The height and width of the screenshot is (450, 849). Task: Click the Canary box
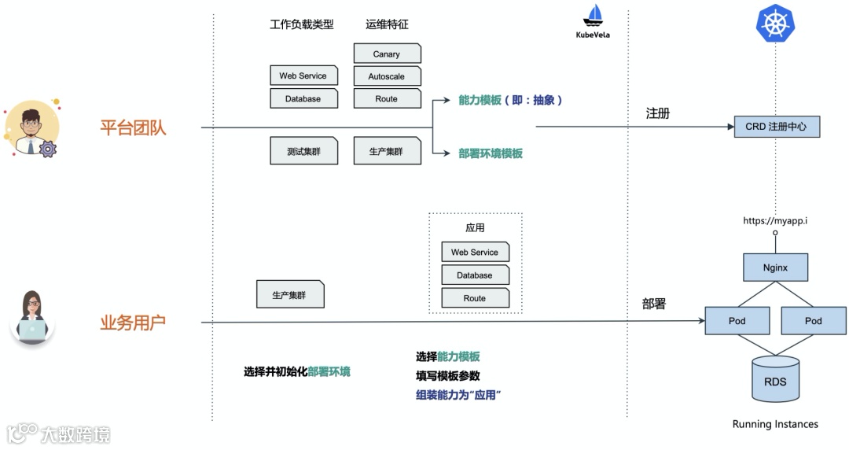(387, 53)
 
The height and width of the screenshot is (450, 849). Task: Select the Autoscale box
(387, 76)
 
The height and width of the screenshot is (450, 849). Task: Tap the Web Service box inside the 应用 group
(475, 252)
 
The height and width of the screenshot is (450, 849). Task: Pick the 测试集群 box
(303, 151)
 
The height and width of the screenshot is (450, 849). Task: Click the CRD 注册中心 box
(776, 126)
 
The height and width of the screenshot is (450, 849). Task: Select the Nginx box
(775, 267)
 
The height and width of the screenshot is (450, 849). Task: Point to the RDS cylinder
(775, 381)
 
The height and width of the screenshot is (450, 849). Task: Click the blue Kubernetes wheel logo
(776, 24)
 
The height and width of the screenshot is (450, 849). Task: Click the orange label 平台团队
(133, 127)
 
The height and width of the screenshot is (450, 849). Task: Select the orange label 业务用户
(133, 323)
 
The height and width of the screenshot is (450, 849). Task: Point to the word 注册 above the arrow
(657, 113)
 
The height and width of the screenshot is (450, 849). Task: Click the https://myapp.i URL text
(775, 221)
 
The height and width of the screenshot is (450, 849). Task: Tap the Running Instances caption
(775, 424)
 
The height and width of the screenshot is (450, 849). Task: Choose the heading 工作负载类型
(301, 24)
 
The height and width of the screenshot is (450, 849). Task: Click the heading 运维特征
(387, 24)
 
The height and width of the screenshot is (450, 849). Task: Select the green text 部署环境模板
(491, 153)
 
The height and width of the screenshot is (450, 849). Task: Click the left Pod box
(737, 320)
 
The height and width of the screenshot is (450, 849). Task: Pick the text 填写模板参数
(447, 375)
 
